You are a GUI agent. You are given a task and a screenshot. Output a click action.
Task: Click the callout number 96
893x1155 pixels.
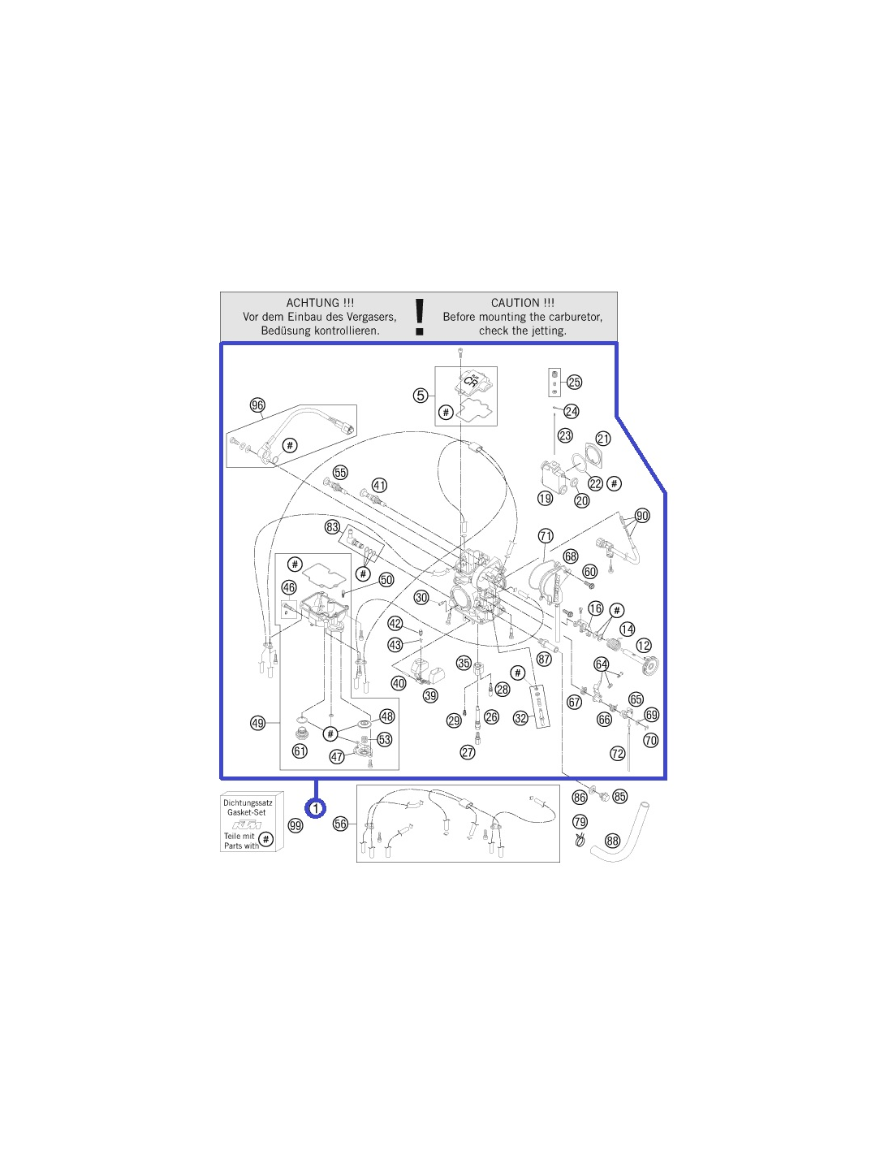coord(257,405)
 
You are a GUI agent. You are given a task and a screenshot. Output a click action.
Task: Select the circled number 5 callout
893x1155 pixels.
coord(421,396)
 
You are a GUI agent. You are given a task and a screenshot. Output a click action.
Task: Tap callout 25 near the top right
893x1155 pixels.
coord(574,383)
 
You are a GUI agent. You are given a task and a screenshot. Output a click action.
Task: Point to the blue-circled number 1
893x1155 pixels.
coord(316,808)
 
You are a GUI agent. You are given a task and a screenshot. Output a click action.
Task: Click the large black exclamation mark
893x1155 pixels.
coord(419,317)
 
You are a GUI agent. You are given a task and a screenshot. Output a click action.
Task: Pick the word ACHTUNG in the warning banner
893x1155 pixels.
coord(307,303)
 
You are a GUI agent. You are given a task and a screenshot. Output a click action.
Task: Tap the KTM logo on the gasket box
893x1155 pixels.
coord(247,825)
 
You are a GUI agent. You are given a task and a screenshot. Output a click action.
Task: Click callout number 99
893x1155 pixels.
coord(296,825)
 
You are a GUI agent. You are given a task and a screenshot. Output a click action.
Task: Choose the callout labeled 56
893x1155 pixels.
coord(340,824)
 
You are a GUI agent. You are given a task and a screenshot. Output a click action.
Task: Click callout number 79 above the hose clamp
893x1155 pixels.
coord(580,822)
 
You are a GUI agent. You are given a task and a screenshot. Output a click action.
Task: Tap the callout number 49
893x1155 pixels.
coord(257,723)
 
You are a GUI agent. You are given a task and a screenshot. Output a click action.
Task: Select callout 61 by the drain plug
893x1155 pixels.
coord(300,751)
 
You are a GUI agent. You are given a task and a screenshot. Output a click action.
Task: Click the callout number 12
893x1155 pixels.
coord(644,646)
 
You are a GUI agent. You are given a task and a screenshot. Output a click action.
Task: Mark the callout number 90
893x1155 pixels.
coord(642,516)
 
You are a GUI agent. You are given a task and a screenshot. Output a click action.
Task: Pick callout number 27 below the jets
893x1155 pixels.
coord(468,752)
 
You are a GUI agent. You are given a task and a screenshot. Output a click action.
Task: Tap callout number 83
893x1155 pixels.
coord(333,527)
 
